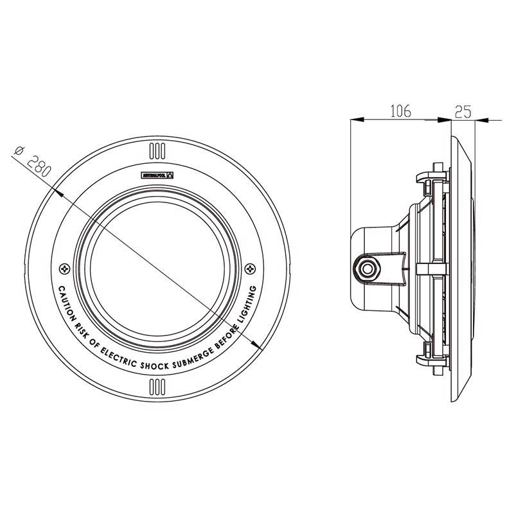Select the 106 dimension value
click(x=400, y=111)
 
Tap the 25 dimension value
click(x=463, y=111)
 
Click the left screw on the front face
click(x=63, y=267)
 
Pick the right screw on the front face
click(x=251, y=267)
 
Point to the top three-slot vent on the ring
click(x=157, y=152)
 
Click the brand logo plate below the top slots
click(x=157, y=175)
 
